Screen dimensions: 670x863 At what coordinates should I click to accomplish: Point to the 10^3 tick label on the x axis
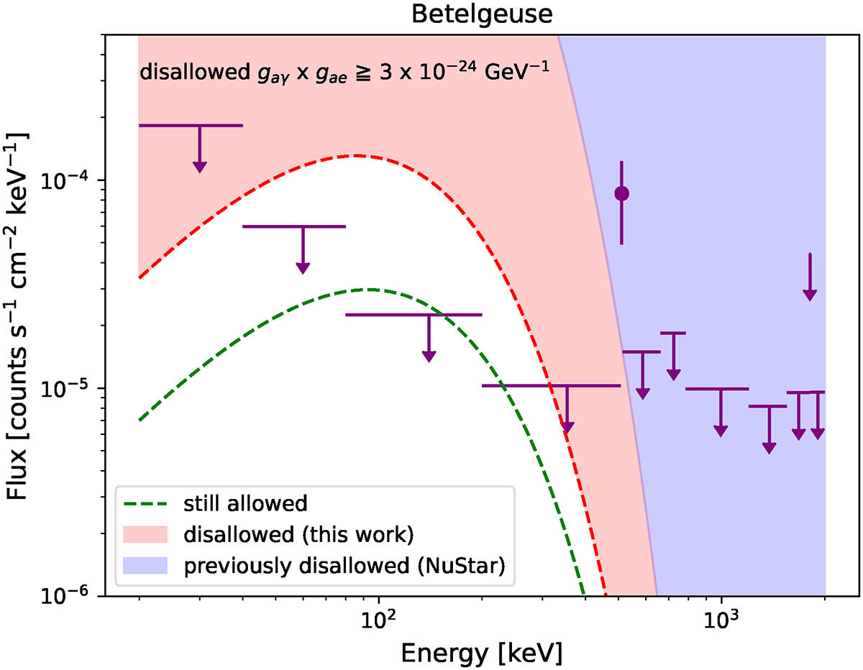pos(721,620)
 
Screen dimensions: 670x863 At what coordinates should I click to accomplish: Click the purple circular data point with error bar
pos(622,193)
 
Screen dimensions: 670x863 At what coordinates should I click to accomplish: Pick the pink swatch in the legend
pos(145,533)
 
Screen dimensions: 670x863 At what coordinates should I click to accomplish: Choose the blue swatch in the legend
pos(145,565)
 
